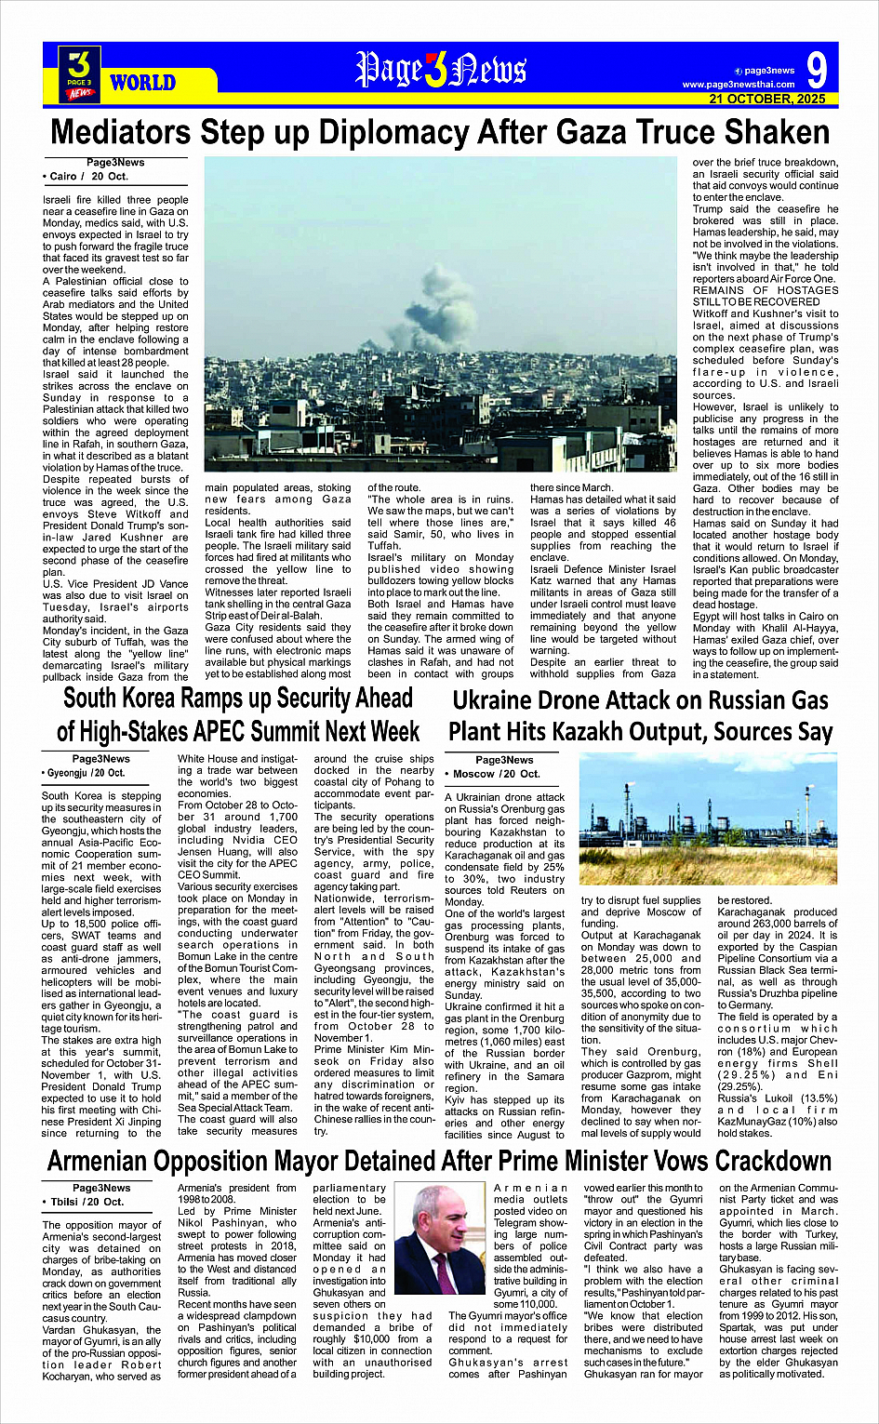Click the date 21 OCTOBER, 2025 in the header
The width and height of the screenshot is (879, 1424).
coord(766,99)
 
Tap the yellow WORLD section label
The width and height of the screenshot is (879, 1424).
coord(142,83)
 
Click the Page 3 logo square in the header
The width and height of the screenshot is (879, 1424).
coord(79,73)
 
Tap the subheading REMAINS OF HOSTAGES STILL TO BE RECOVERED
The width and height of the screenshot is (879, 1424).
coord(765,296)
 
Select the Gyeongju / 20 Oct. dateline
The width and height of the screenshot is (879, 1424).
coord(84,773)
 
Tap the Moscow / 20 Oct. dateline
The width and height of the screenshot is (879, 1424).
coord(492,774)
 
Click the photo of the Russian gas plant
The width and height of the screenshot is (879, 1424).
coord(708,818)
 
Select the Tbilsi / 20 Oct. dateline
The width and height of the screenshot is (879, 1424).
coord(83,1202)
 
